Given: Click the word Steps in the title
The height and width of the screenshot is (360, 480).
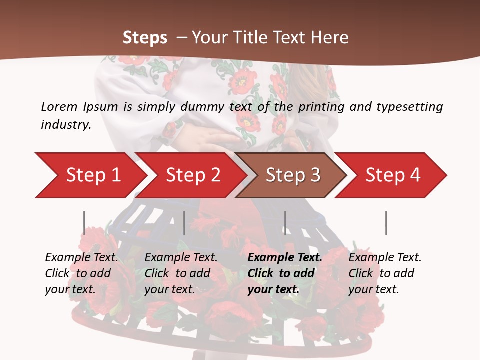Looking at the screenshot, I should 145,37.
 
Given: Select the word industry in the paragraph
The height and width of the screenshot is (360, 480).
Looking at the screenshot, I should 65,125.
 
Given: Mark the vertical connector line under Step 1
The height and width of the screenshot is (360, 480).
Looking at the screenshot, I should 84,223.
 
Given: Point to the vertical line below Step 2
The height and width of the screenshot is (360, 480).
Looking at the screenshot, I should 184,223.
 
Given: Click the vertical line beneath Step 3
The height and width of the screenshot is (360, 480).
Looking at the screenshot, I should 285,223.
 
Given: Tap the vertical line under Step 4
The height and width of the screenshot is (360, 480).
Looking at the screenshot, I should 386,223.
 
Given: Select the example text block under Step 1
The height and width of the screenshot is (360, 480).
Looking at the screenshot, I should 81,273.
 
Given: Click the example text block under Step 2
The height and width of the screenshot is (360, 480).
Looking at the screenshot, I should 181,273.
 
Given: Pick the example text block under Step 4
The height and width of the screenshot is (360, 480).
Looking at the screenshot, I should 385,273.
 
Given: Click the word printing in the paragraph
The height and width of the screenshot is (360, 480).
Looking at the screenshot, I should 320,106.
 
